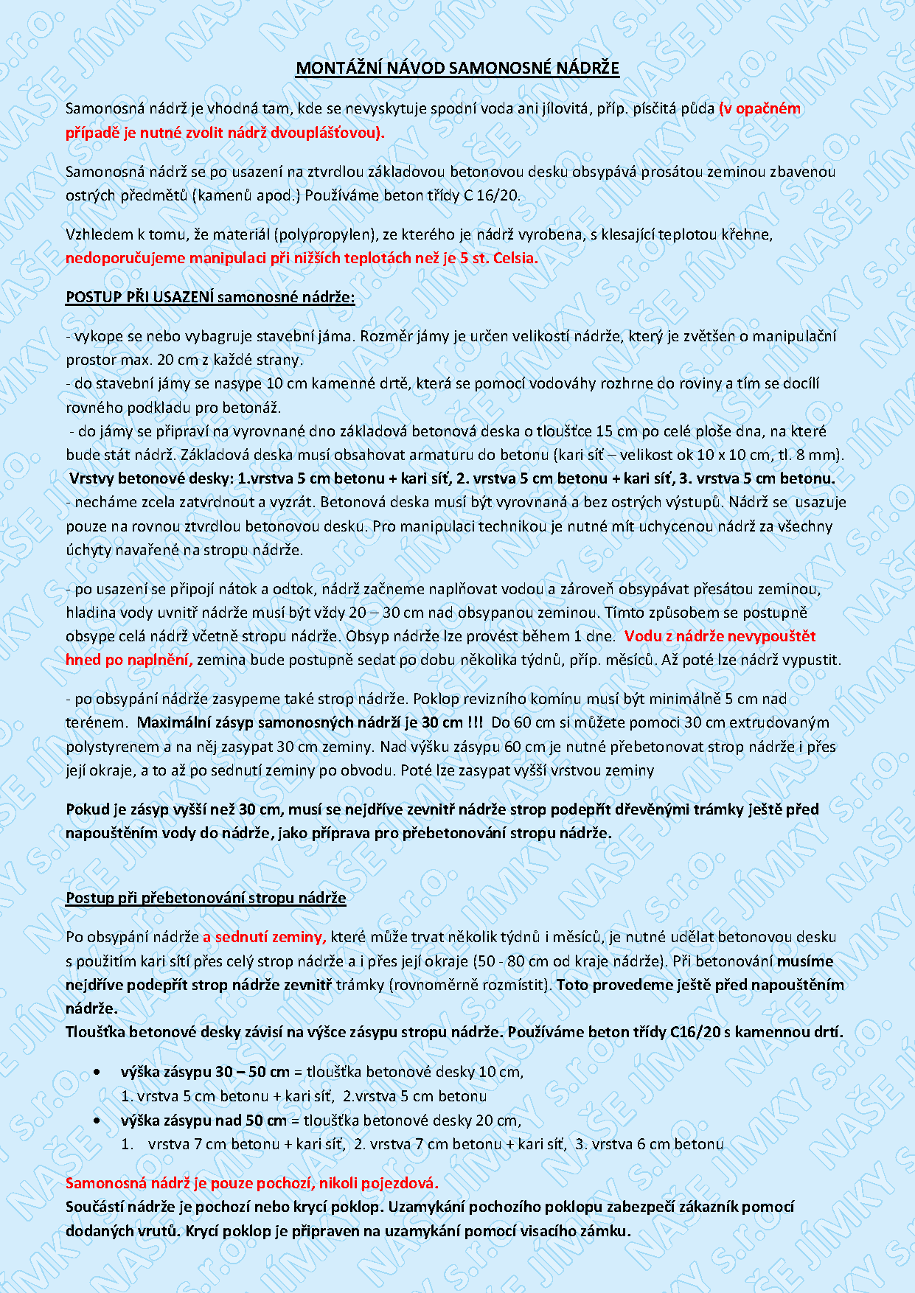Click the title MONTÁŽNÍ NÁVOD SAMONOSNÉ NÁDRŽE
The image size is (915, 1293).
pyautogui.click(x=457, y=69)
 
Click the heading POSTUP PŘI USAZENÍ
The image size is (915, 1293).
pyautogui.click(x=139, y=297)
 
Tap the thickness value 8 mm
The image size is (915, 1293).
pyautogui.click(x=821, y=455)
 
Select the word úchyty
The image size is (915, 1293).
pyautogui.click(x=87, y=551)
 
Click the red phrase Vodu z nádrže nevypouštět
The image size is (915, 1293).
pyautogui.click(x=720, y=636)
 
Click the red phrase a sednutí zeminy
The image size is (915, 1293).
pyautogui.click(x=264, y=937)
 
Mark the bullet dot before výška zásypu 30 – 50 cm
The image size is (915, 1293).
pyautogui.click(x=97, y=1072)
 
